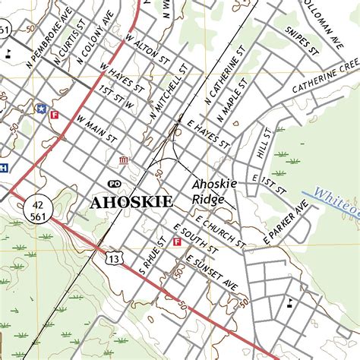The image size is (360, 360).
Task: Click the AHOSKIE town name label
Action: pos(131,202)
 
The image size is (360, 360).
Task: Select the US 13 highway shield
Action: pos(113,258)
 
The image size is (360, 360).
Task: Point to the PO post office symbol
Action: pos(115,184)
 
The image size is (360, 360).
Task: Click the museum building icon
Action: pos(124,160)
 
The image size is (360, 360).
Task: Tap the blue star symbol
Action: pos(40,109)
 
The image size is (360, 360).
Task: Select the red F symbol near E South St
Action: pos(177,242)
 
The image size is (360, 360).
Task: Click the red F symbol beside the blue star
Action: pos(54,115)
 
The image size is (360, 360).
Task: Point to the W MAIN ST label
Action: pos(96,129)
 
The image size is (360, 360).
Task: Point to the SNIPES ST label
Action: pos(301,43)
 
